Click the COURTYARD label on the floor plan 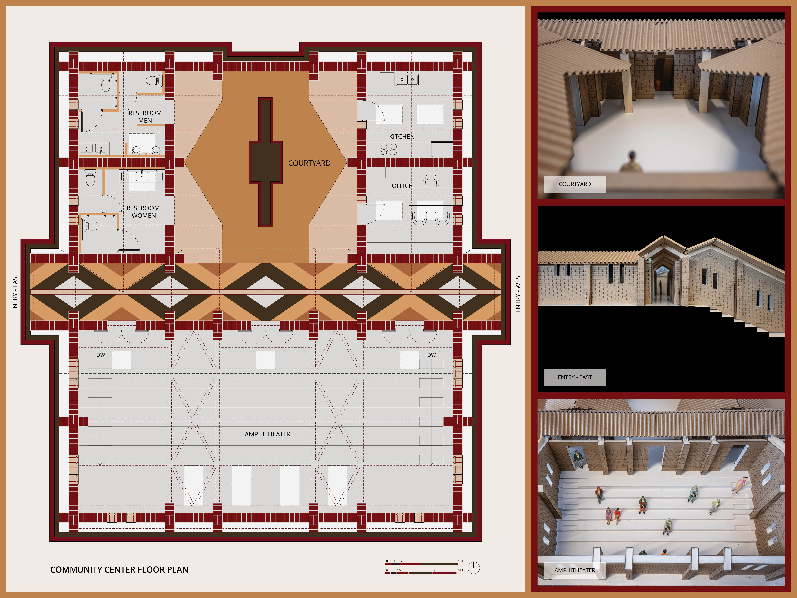(x=309, y=163)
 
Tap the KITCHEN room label (x=402, y=137)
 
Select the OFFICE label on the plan (x=402, y=186)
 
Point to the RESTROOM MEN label (x=145, y=116)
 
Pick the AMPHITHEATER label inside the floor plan (x=268, y=434)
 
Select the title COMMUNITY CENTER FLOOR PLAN (x=119, y=569)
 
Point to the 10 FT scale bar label (x=462, y=561)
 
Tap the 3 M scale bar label (x=460, y=570)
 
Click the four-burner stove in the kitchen (x=389, y=150)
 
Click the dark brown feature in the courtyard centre (x=266, y=162)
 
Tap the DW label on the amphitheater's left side (x=101, y=355)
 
